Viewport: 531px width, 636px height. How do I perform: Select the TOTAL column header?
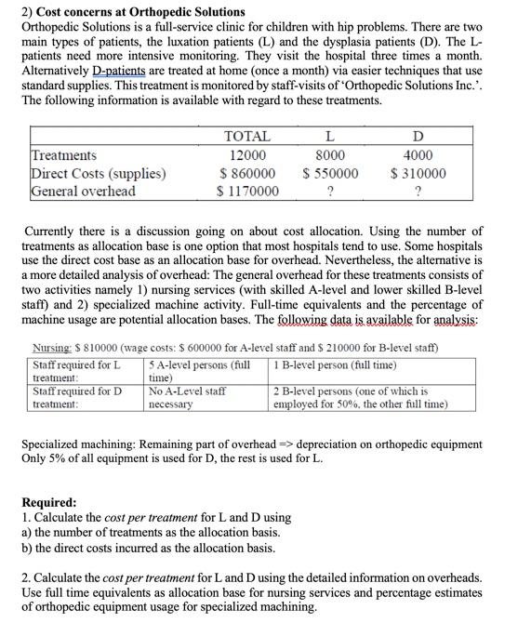(x=247, y=137)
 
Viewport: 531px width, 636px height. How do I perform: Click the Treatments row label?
(x=64, y=155)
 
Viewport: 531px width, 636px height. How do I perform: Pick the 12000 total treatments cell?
(x=247, y=155)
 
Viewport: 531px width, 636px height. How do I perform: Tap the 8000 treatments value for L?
(x=330, y=155)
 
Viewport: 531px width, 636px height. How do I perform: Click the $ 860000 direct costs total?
(x=247, y=173)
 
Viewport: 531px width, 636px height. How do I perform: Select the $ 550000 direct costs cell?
(x=330, y=173)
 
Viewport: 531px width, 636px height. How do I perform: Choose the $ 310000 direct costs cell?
(x=418, y=173)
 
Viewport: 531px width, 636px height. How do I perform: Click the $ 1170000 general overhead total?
(x=247, y=192)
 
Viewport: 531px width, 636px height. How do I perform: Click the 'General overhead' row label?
(x=84, y=191)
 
